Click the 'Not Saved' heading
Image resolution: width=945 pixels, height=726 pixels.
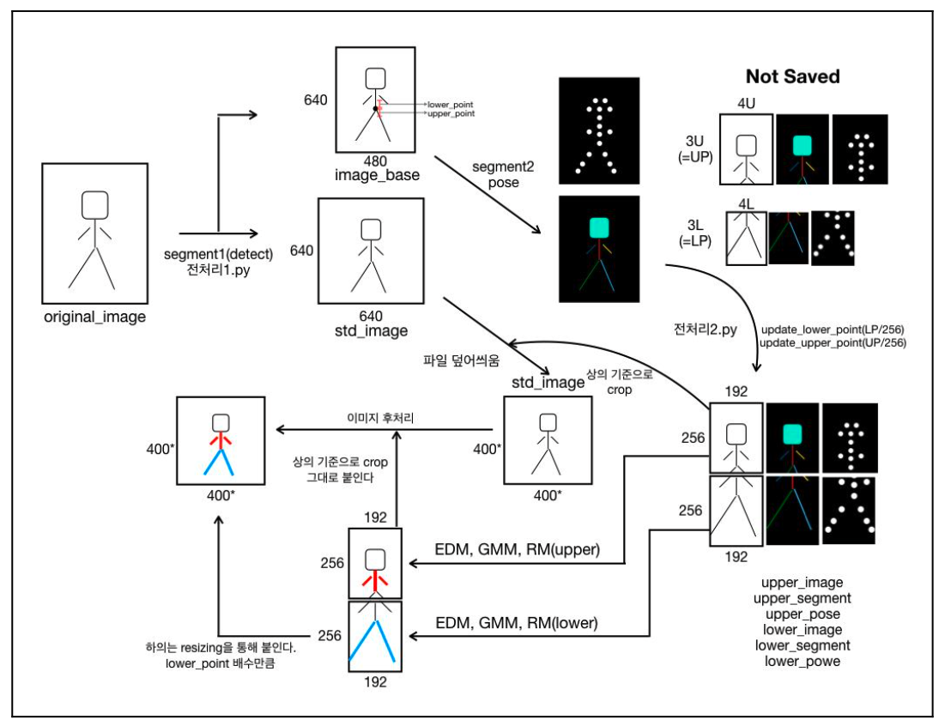click(792, 76)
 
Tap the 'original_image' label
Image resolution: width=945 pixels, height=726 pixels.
click(95, 318)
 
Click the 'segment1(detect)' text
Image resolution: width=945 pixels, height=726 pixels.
click(218, 255)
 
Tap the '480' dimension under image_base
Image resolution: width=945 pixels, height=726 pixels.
click(375, 160)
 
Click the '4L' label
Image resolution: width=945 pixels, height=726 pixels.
click(745, 204)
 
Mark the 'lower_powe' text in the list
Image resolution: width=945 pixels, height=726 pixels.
click(802, 661)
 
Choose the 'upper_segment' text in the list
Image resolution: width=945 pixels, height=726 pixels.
click(802, 598)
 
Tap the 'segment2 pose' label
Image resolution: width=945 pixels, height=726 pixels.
click(503, 176)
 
